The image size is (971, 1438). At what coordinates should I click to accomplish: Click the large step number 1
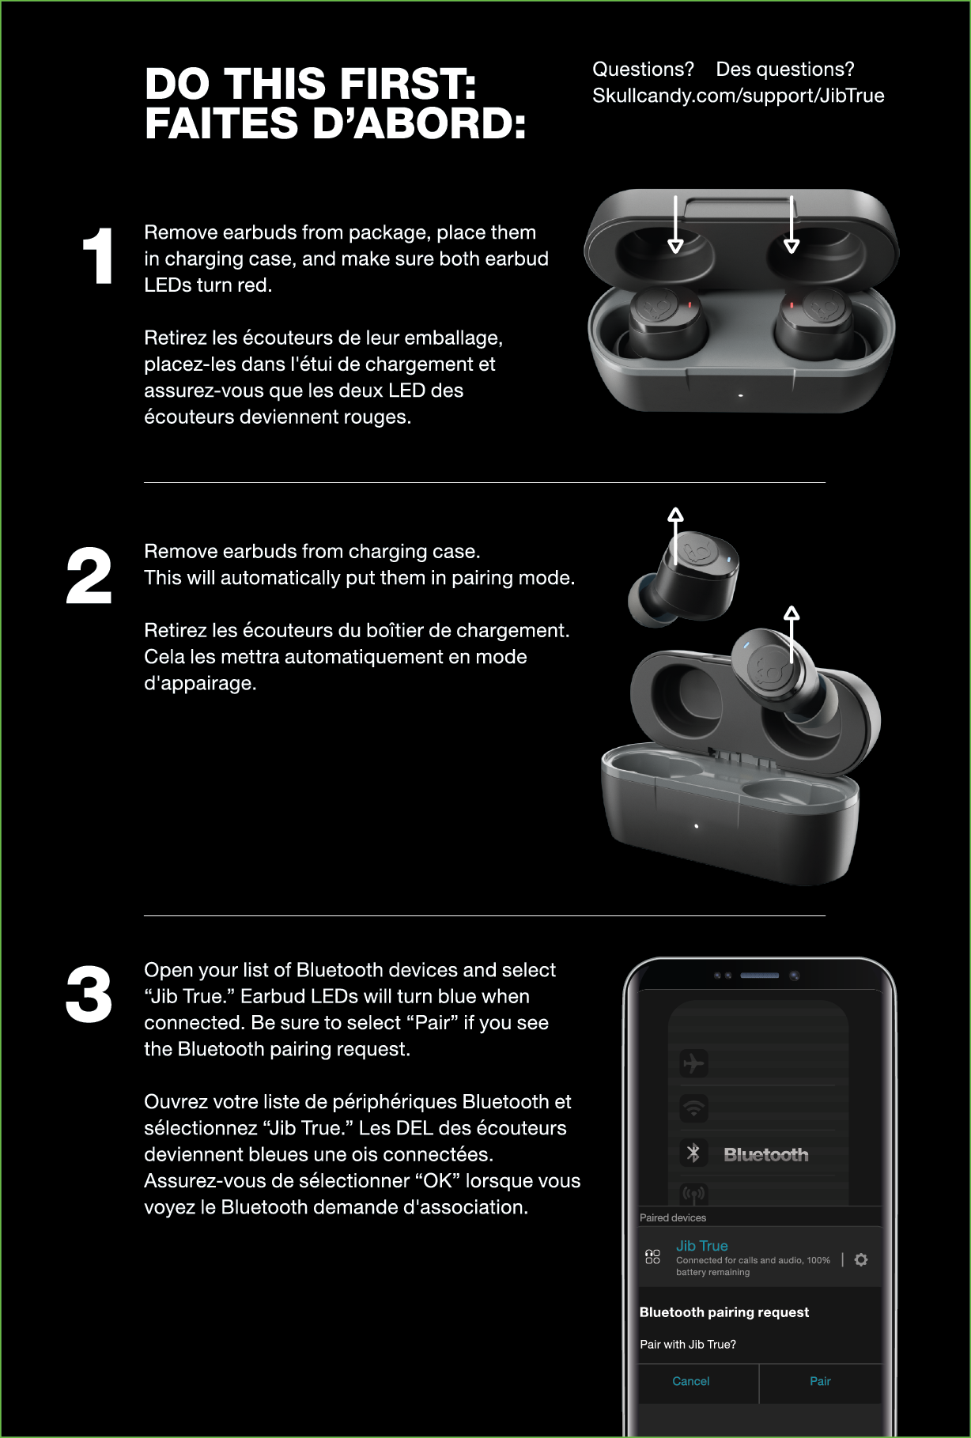pyautogui.click(x=99, y=256)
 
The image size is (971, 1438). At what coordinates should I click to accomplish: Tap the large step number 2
pyautogui.click(x=89, y=576)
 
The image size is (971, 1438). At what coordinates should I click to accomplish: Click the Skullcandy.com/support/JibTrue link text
pyautogui.click(x=738, y=96)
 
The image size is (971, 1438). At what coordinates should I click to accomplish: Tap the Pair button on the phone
pyautogui.click(x=820, y=1381)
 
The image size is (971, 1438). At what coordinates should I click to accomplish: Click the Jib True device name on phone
pyautogui.click(x=701, y=1246)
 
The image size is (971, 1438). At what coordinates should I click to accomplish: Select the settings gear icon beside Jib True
pyautogui.click(x=861, y=1259)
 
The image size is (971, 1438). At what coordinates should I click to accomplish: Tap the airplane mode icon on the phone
pyautogui.click(x=693, y=1063)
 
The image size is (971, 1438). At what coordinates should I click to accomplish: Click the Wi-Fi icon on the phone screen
pyautogui.click(x=693, y=1109)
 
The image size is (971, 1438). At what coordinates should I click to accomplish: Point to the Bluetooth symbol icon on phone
pyautogui.click(x=693, y=1153)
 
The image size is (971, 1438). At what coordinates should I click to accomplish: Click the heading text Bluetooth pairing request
pyautogui.click(x=724, y=1312)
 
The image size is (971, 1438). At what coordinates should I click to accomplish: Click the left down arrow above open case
pyautogui.click(x=675, y=225)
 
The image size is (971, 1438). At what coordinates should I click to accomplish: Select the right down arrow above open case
pyautogui.click(x=792, y=225)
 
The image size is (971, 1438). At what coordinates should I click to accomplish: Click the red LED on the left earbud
pyautogui.click(x=690, y=304)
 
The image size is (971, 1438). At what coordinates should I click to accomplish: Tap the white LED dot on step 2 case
pyautogui.click(x=696, y=826)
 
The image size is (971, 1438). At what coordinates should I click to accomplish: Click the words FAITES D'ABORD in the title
pyautogui.click(x=334, y=124)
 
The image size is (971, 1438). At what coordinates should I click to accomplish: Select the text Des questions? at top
pyautogui.click(x=784, y=70)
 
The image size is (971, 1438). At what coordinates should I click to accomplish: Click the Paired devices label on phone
pyautogui.click(x=672, y=1218)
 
